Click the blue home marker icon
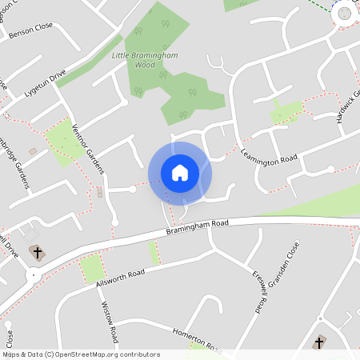[x=180, y=172]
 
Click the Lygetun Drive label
[x=45, y=84]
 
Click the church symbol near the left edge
[x=36, y=252]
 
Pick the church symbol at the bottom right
[x=319, y=342]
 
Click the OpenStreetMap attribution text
[x=81, y=354]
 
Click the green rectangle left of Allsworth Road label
[x=92, y=269]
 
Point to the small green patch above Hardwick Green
[x=286, y=112]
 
